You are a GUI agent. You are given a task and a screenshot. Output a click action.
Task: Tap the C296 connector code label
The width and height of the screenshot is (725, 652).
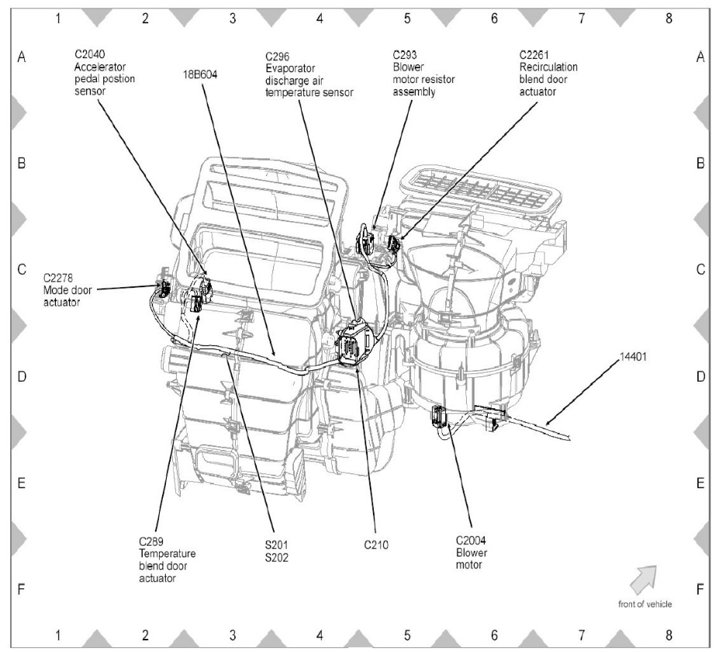(x=277, y=56)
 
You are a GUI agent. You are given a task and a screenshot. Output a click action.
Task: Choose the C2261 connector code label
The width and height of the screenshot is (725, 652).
(x=536, y=56)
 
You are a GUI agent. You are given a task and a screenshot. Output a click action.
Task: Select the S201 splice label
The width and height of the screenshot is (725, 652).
(x=276, y=545)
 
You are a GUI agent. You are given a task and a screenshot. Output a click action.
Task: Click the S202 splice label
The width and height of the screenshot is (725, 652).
(x=276, y=557)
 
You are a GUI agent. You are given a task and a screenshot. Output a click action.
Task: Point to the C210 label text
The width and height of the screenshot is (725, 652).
(x=375, y=545)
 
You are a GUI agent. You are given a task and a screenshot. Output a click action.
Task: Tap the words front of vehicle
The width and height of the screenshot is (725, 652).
(x=645, y=604)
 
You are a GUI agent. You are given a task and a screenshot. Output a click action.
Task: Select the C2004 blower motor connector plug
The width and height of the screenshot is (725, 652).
(x=440, y=416)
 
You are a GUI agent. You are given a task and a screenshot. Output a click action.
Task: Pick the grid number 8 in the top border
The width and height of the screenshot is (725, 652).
(x=668, y=19)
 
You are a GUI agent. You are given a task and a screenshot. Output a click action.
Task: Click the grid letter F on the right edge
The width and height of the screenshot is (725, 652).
(x=700, y=589)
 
